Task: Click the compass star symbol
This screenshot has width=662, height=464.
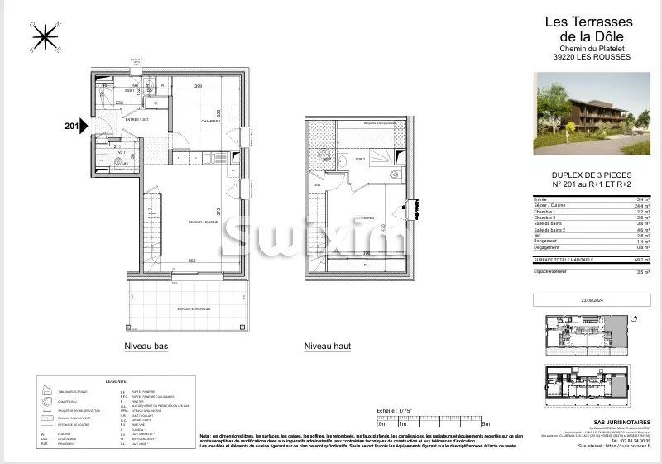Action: (x=43, y=36)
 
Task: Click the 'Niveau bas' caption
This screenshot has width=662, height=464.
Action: (x=146, y=347)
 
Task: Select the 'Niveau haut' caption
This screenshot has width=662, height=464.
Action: (x=329, y=347)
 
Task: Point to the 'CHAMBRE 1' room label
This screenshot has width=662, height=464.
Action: (x=213, y=121)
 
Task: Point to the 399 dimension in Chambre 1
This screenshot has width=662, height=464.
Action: (x=198, y=86)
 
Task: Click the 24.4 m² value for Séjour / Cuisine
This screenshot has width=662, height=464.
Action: (x=643, y=206)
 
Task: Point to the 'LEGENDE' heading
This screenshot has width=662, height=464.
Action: (x=116, y=380)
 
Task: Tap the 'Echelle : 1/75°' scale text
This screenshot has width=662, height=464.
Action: (x=394, y=410)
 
